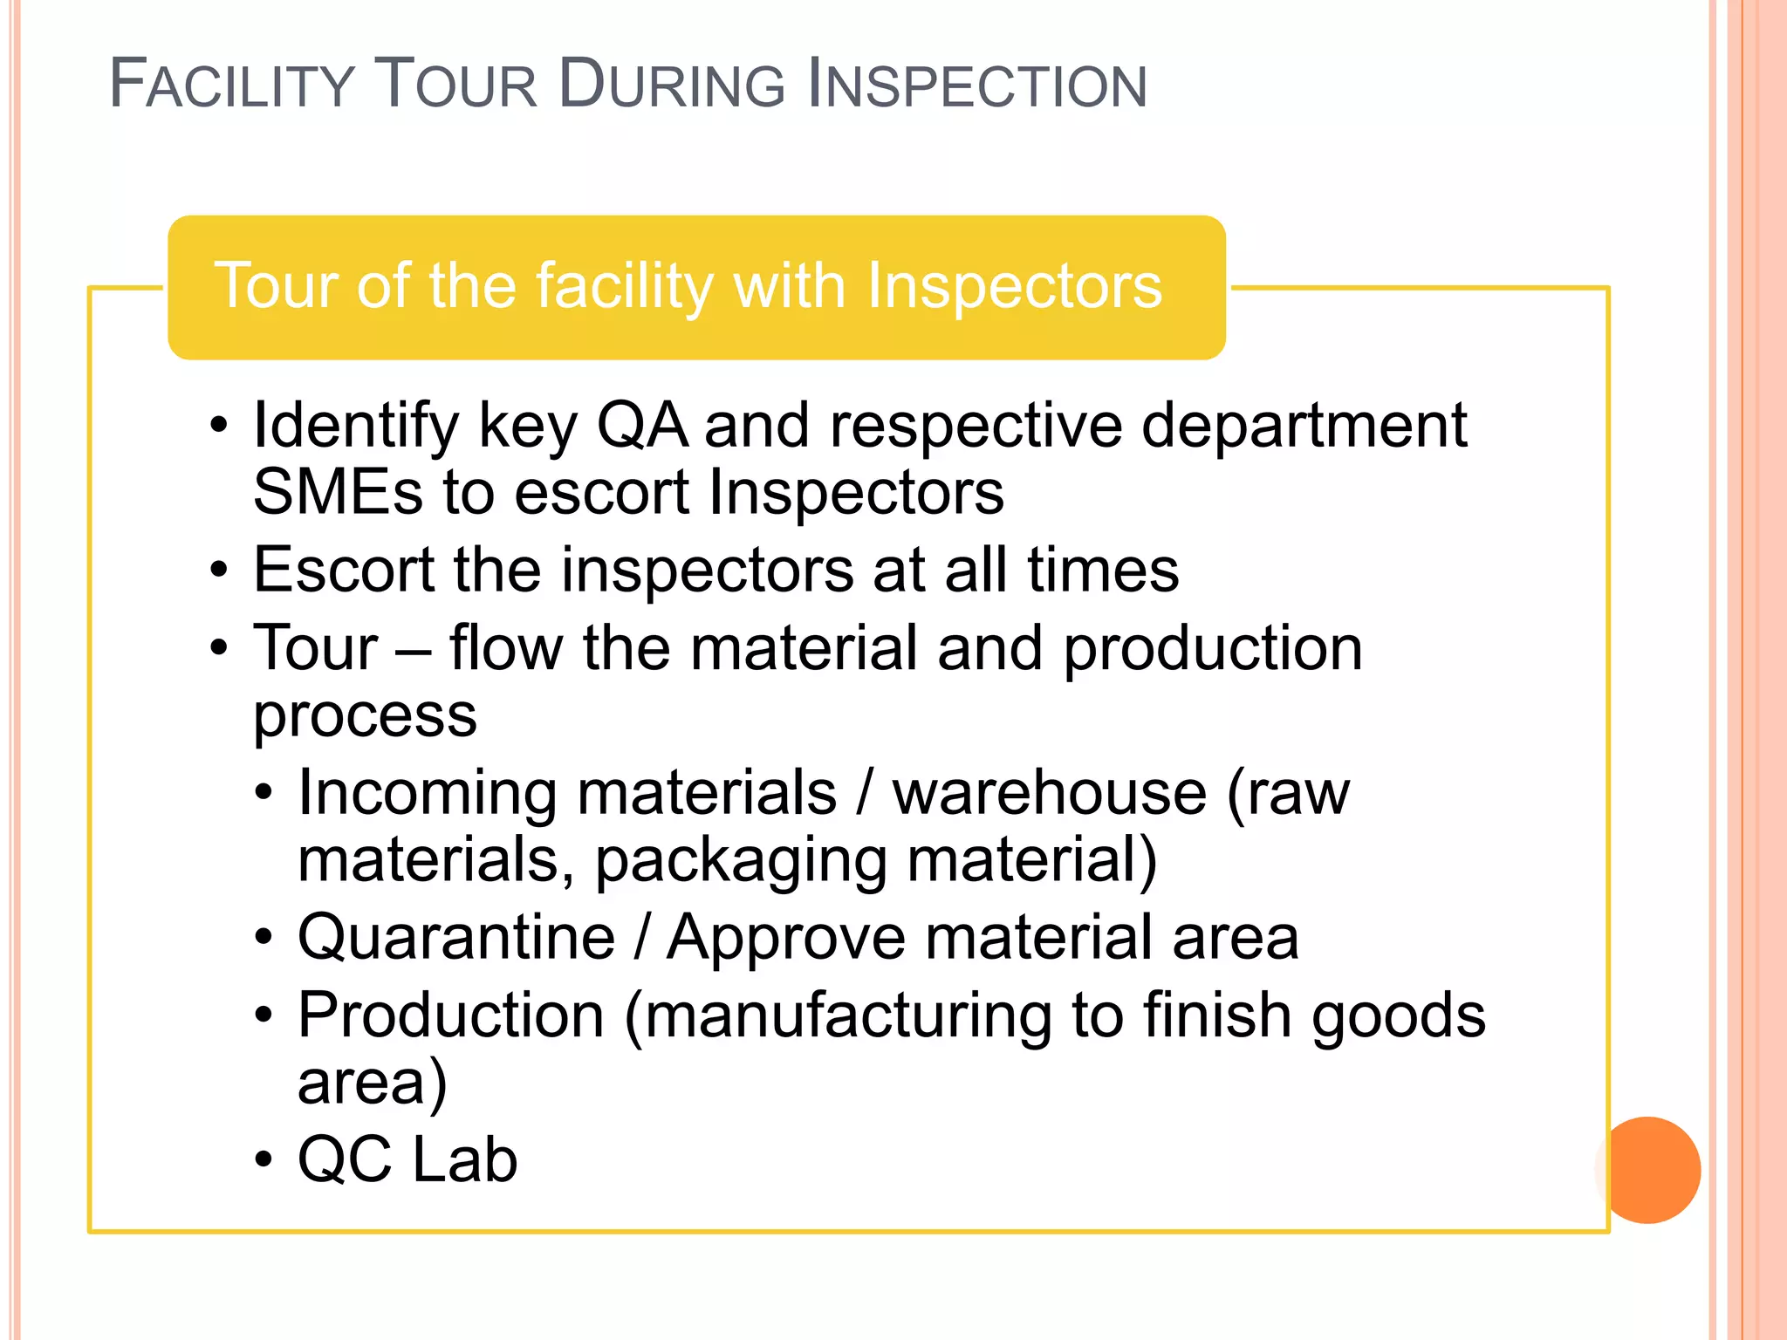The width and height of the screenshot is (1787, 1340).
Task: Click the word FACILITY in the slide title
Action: tap(230, 85)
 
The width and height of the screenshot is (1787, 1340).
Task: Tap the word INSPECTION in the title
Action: tap(977, 85)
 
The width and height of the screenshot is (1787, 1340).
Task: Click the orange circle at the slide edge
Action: tap(1648, 1170)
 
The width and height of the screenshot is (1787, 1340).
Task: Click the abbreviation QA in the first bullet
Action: tap(641, 426)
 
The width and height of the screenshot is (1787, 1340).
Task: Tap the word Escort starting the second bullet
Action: tap(342, 571)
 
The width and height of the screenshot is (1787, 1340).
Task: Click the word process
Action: tap(365, 717)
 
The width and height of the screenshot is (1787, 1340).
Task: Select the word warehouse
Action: tap(1050, 793)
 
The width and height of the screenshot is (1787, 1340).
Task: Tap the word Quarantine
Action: tap(456, 938)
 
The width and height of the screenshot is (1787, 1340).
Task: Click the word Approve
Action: tap(786, 938)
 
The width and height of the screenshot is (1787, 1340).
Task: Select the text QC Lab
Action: tap(407, 1160)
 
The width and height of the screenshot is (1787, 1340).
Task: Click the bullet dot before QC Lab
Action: tap(264, 1161)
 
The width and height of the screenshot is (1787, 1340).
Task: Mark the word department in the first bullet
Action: tap(1304, 426)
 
